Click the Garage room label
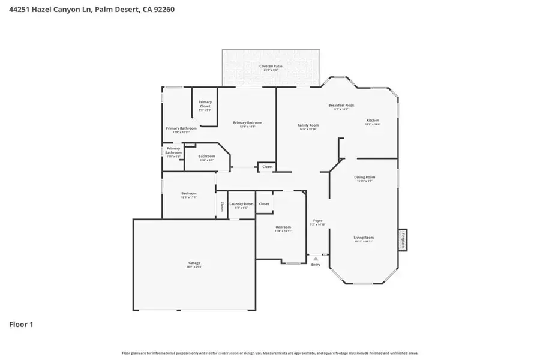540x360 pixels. [194, 263]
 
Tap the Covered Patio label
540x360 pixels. [271, 66]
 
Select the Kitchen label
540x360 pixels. [373, 120]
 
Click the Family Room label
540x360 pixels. [308, 125]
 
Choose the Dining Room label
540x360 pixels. [364, 177]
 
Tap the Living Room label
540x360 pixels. [364, 238]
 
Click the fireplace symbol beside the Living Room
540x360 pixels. [403, 240]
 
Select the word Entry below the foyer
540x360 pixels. [316, 265]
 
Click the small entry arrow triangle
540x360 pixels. [316, 259]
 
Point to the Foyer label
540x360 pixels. [317, 221]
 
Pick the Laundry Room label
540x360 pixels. [241, 204]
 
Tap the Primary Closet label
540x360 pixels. [205, 104]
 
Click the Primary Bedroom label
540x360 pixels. [247, 123]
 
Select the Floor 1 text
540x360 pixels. [21, 325]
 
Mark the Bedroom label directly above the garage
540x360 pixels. [189, 193]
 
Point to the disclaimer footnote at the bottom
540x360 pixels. [270, 353]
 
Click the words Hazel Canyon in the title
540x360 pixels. [58, 10]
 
